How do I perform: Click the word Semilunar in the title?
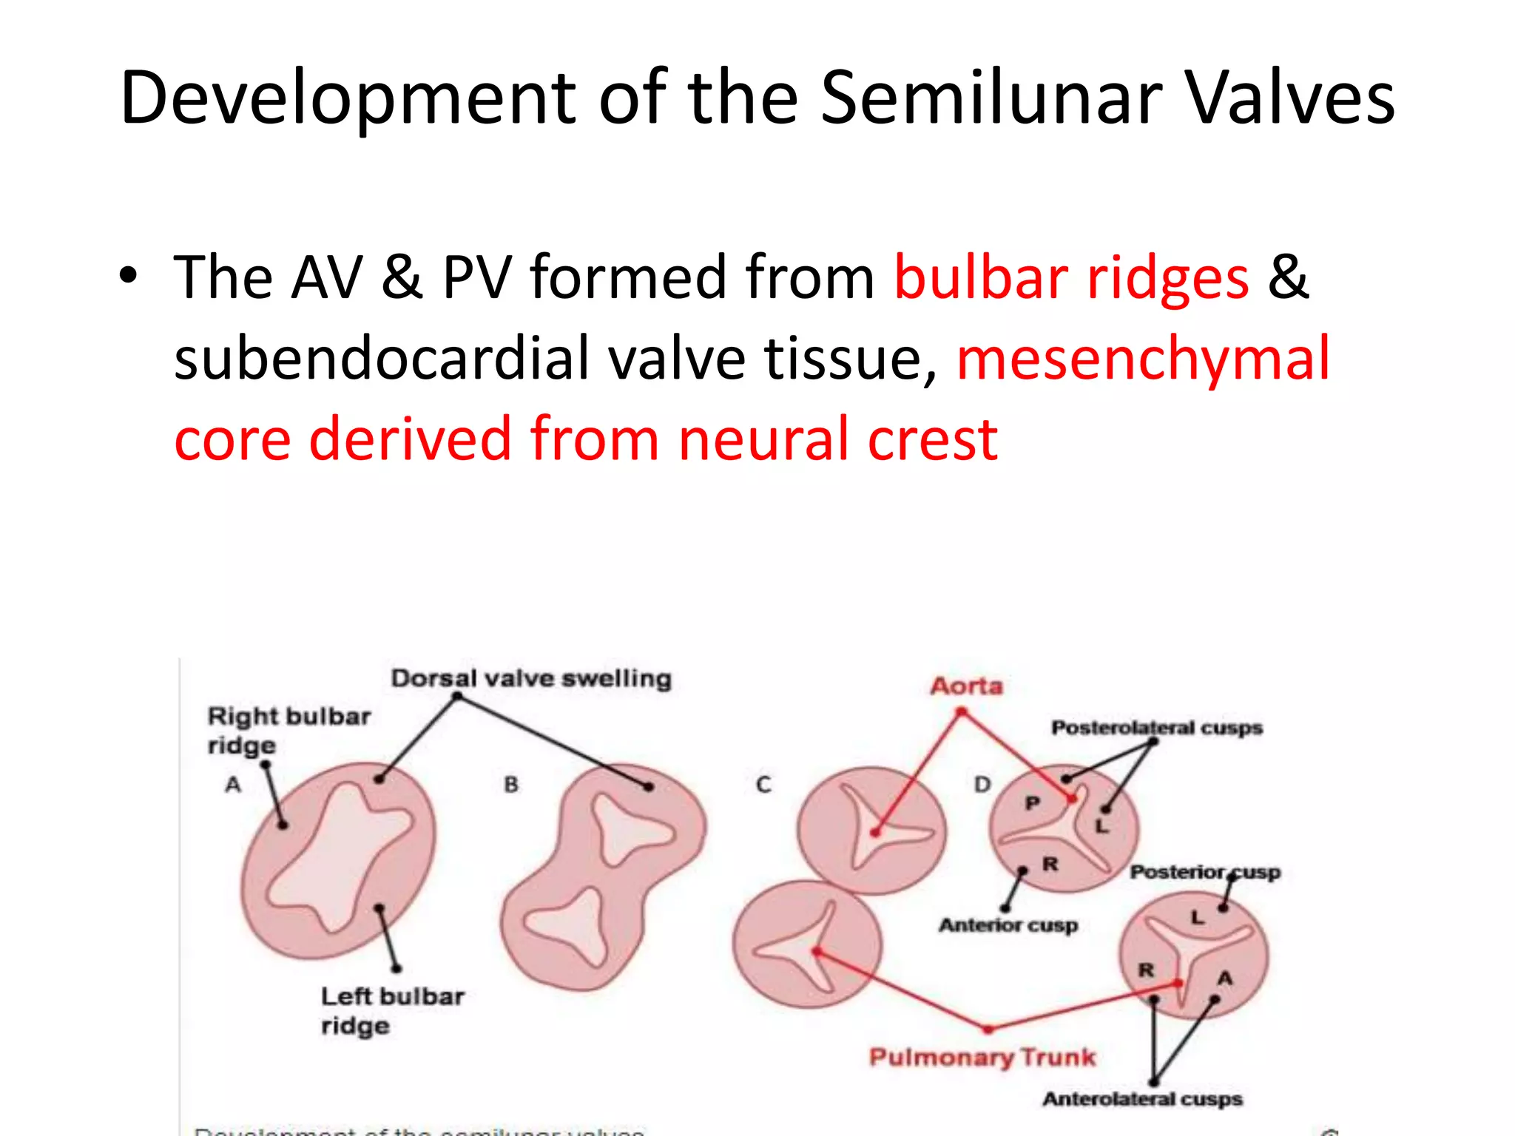coord(991,98)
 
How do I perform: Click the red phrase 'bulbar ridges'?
coord(1071,278)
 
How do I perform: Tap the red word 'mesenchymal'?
coord(1143,359)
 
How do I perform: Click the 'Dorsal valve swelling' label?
coord(530,678)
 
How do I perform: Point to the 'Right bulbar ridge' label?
coord(289,730)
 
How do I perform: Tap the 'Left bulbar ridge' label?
coord(392,1010)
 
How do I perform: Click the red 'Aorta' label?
coord(966,686)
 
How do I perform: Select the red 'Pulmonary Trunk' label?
coord(982,1057)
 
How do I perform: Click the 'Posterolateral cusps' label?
coord(1156,728)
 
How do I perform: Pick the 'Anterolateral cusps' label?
coord(1142,1099)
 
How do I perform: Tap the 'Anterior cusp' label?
coord(1008,925)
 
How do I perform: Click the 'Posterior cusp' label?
coord(1204,873)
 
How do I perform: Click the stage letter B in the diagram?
coord(511,784)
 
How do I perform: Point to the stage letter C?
coord(763,784)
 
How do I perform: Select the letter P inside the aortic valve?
coord(1033,803)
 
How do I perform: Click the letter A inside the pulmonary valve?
coord(1225,978)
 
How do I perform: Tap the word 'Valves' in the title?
coord(1291,98)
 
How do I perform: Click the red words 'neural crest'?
coord(837,439)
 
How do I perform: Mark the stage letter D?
coord(982,784)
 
